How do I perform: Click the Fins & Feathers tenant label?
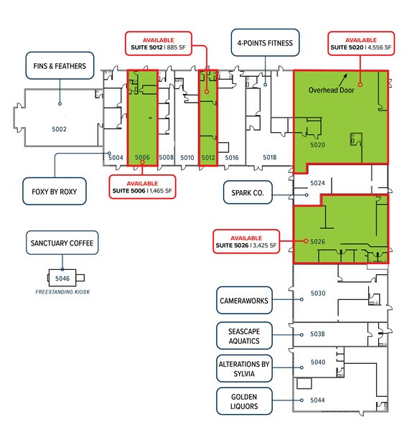tap(60, 66)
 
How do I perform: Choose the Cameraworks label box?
tap(244, 301)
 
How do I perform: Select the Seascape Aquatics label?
tap(244, 334)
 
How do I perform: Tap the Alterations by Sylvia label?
tap(244, 369)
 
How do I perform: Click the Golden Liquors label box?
tap(244, 401)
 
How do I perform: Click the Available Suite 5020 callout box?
tap(360, 44)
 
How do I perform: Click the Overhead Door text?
tap(332, 91)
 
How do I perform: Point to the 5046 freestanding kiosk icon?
tap(62, 277)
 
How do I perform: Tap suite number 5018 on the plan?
tap(269, 156)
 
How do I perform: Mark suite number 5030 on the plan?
tap(317, 293)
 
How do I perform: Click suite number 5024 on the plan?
tap(317, 184)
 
